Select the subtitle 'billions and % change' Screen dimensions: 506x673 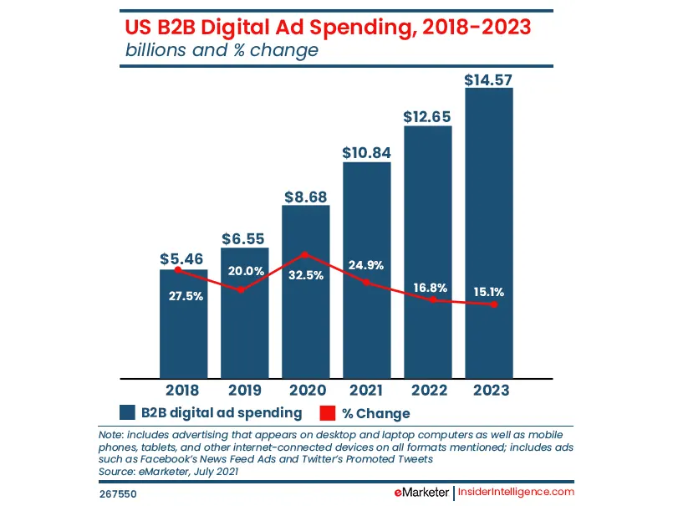pos(222,50)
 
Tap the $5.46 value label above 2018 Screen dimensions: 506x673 pos(182,259)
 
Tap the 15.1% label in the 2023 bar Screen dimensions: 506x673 pos(488,292)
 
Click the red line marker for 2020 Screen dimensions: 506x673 pos(305,254)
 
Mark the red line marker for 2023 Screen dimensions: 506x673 pos(494,304)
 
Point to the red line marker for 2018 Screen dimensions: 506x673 pos(178,270)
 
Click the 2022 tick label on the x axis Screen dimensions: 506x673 pos(427,389)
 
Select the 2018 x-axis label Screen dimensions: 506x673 pos(182,389)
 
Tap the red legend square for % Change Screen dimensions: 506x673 pos(328,413)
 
